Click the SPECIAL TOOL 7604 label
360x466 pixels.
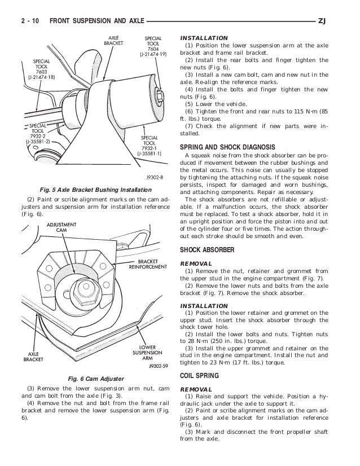(153, 46)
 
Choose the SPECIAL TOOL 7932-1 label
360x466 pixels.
(151, 145)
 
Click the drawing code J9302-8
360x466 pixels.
(154, 177)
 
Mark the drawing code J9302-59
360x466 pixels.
(152, 366)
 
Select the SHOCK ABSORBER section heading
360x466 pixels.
(209, 250)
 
